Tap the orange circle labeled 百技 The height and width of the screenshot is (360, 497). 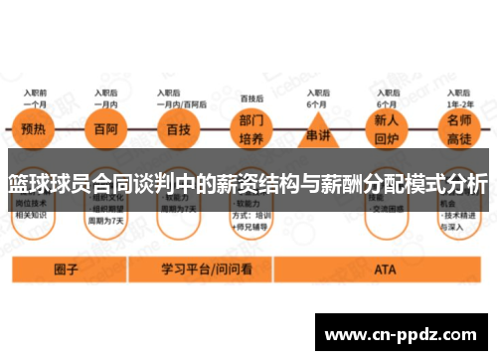point(178,127)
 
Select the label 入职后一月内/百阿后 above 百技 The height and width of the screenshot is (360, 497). point(181,96)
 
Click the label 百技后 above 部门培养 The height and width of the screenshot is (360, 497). point(251,98)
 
